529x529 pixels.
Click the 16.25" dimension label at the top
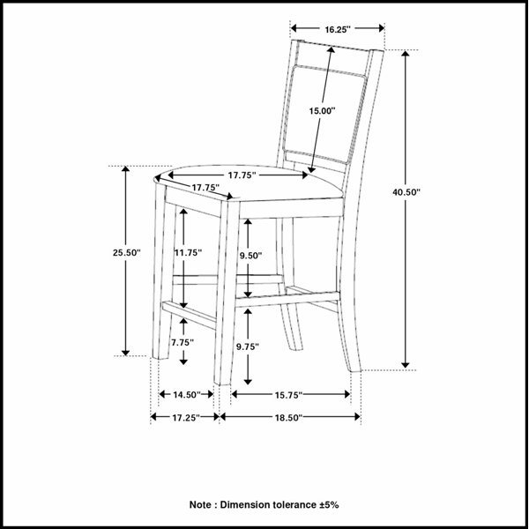coord(338,30)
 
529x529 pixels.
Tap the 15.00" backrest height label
coord(322,111)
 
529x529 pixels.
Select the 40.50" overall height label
coord(406,192)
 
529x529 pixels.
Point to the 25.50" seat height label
coord(126,252)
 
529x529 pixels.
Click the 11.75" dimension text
coord(188,252)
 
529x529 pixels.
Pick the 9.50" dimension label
coord(251,256)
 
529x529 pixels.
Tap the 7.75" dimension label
coord(183,342)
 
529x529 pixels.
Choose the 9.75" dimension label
coord(248,346)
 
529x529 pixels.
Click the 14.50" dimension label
coord(187,394)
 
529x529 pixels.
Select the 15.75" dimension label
coord(289,395)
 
